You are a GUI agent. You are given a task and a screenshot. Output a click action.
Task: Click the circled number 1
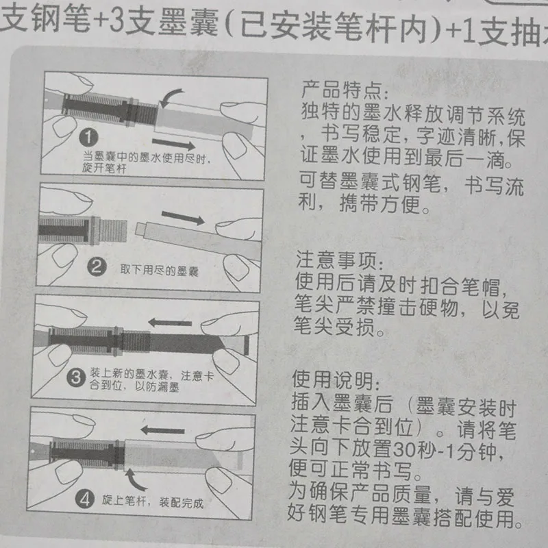88,137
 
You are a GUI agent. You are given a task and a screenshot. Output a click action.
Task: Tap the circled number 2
97,267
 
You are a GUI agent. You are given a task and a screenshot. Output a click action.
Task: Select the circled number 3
76,377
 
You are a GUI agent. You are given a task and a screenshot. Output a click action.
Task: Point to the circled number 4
85,499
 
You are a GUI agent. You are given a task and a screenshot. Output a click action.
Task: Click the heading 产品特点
341,90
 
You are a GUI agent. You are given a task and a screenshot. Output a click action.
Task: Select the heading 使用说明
333,379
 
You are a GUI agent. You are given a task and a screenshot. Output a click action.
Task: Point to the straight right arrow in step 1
174,144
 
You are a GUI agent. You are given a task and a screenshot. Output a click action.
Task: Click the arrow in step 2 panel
183,218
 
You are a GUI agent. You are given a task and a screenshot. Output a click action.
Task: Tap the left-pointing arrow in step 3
170,323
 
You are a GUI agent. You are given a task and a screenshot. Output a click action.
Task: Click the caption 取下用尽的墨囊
160,271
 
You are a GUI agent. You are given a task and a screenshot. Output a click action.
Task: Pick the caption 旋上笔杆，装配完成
153,502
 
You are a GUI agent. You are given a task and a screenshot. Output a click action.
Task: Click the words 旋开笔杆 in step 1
104,169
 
